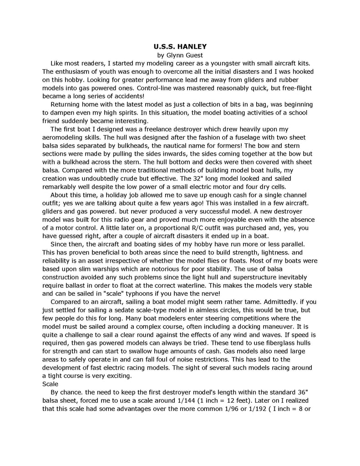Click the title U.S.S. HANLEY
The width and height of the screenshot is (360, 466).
[180, 46]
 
